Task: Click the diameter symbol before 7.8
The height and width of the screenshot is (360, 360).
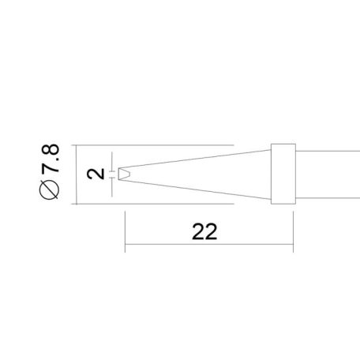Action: pos(51,190)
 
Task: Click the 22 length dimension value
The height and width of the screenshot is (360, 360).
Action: pos(204,232)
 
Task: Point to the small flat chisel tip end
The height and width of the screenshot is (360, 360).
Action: pos(123,173)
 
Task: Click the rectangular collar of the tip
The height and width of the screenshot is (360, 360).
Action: pos(283,175)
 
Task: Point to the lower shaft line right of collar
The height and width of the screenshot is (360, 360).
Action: pos(324,201)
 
